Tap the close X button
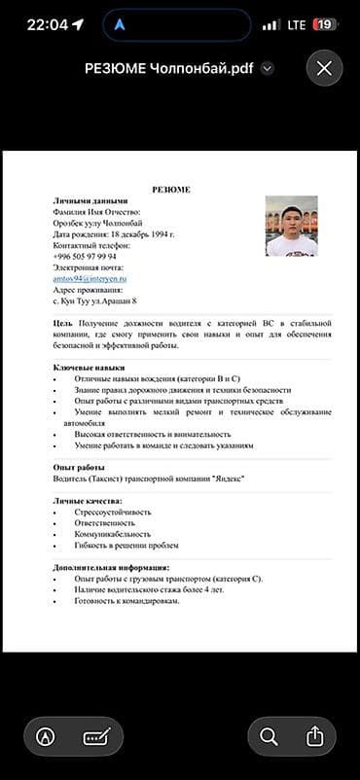click(324, 68)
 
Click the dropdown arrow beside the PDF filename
click(268, 69)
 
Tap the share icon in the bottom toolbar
click(314, 736)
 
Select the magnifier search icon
click(269, 736)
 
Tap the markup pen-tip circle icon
click(45, 736)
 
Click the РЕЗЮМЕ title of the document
click(171, 189)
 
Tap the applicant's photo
click(292, 227)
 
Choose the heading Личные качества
click(89, 500)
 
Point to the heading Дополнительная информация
click(111, 567)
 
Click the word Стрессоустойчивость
click(112, 512)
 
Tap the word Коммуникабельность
click(112, 534)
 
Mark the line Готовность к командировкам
click(126, 600)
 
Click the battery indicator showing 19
click(324, 24)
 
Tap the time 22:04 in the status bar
click(47, 24)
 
